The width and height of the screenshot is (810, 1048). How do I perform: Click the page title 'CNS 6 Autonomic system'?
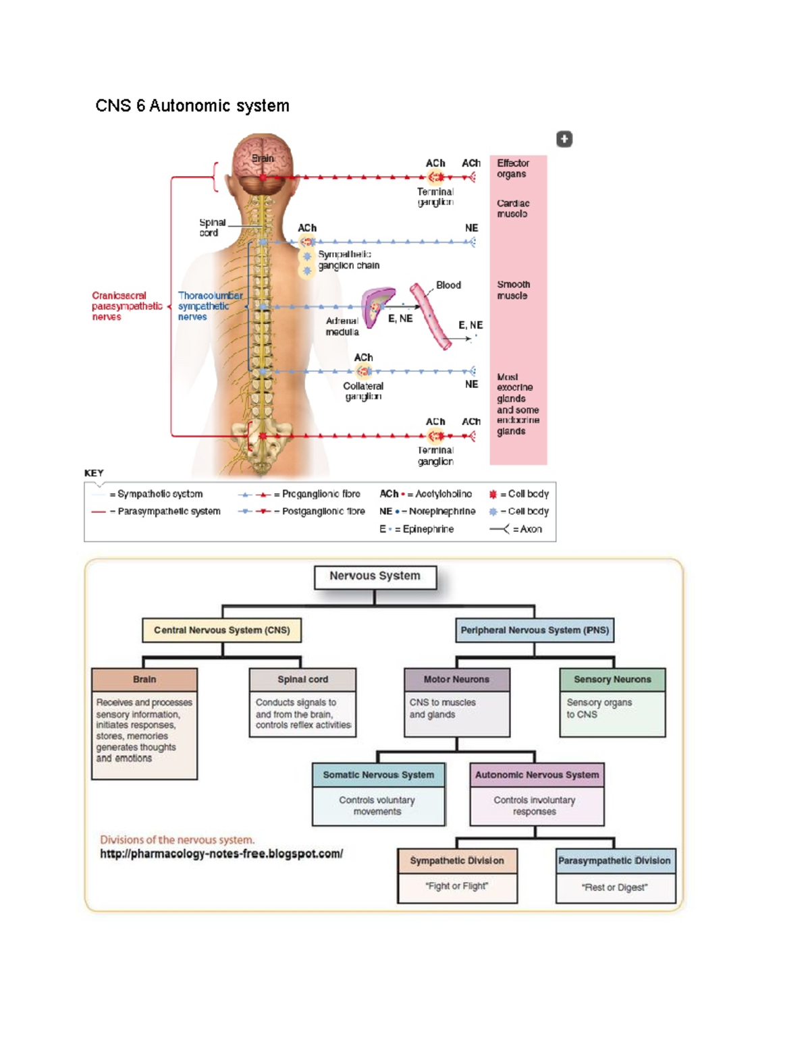(192, 106)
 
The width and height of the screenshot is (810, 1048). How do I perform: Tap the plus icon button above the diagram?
(564, 139)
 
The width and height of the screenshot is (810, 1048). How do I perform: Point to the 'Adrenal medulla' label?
(342, 327)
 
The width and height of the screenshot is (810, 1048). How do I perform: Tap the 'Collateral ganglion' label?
(363, 391)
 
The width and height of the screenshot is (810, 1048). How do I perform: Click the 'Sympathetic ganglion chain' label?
(348, 260)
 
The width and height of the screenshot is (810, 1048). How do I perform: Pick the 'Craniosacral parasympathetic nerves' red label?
(127, 306)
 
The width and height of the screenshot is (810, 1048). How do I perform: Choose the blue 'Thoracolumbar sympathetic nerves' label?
(209, 306)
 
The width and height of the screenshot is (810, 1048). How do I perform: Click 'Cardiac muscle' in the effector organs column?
(513, 209)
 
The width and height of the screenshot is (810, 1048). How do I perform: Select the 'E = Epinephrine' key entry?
(416, 529)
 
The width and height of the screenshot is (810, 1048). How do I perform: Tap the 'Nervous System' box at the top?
(375, 576)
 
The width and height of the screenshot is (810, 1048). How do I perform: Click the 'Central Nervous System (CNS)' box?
(221, 630)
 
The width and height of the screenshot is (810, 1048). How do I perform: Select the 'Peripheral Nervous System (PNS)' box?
(535, 630)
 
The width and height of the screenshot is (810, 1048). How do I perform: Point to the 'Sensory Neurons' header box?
(612, 680)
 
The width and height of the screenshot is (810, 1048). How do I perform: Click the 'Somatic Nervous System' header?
(378, 775)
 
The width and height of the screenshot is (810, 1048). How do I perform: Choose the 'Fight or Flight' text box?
(457, 886)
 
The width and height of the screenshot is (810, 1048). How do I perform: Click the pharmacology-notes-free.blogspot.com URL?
(221, 854)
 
